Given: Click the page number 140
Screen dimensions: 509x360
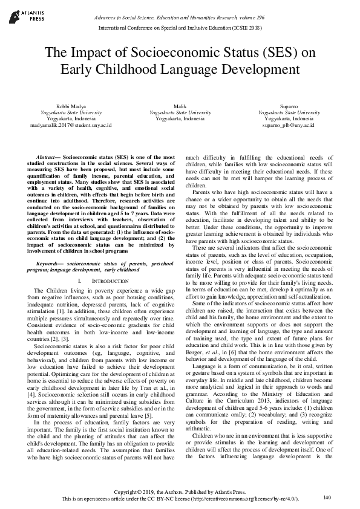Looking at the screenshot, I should pyautogui.click(x=327, y=498).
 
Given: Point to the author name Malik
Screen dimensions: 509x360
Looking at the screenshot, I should pyautogui.click(x=180, y=106).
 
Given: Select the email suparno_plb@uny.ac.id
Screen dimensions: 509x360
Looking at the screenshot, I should pyautogui.click(x=289, y=126).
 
